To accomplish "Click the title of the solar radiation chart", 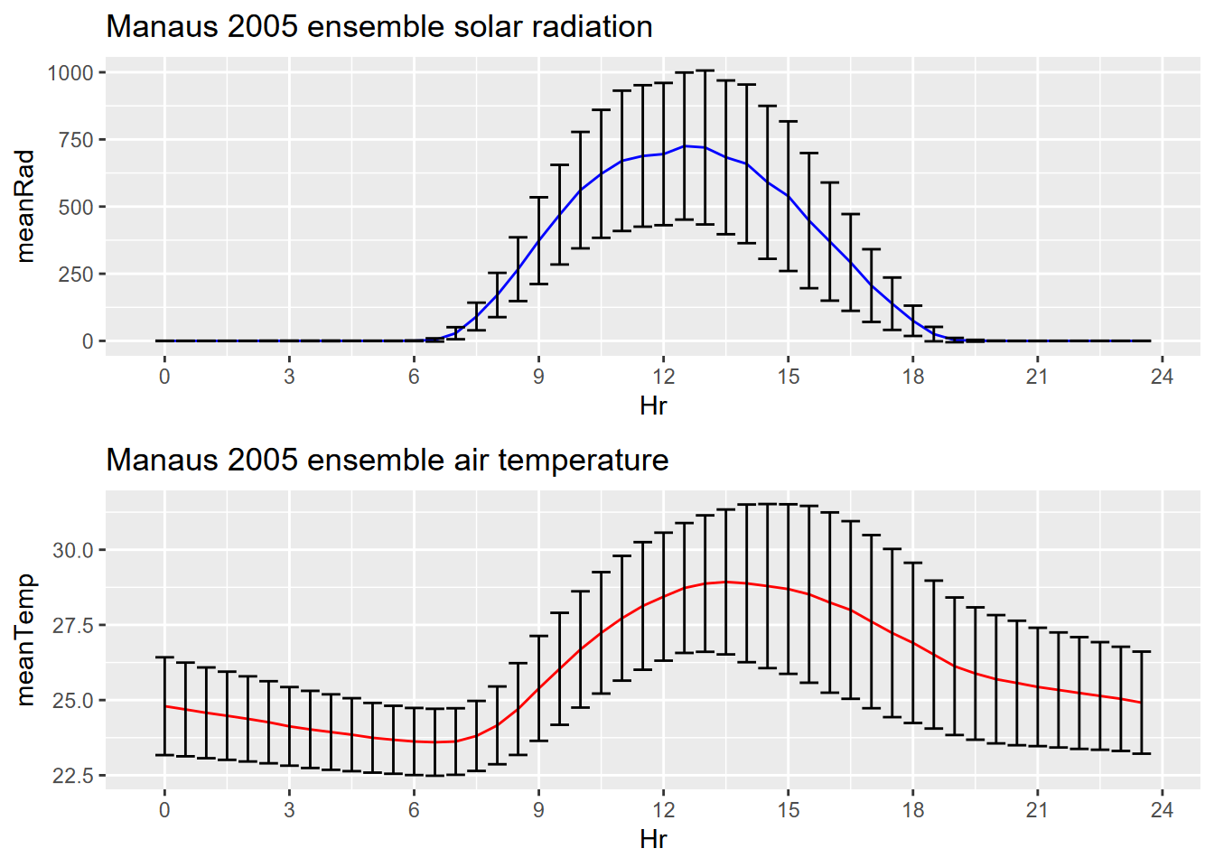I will tap(379, 27).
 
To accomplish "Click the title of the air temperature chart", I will tap(387, 461).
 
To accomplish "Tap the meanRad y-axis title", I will tap(25, 206).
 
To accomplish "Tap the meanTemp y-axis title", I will tap(25, 639).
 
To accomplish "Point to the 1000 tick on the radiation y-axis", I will tap(70, 73).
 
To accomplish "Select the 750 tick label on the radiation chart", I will tap(76, 140).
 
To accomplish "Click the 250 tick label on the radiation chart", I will tap(76, 275).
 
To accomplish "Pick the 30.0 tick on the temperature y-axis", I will tap(72, 550).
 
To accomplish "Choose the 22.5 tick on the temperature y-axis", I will tap(72, 776).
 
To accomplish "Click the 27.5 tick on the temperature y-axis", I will tap(72, 625).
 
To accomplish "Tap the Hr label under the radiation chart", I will tap(653, 406).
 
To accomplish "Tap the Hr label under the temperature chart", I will tap(653, 839).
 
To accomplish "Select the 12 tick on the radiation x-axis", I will tap(664, 377).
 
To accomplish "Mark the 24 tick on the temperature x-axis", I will tap(1162, 810).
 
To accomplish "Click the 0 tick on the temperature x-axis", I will tap(164, 810).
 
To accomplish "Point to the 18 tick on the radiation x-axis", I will tap(913, 377).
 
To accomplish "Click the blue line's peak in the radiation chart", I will tap(685, 145).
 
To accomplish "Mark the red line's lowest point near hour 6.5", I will tap(434, 742).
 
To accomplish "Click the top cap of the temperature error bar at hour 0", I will tap(164, 657).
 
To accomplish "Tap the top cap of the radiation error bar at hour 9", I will tap(538, 197).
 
